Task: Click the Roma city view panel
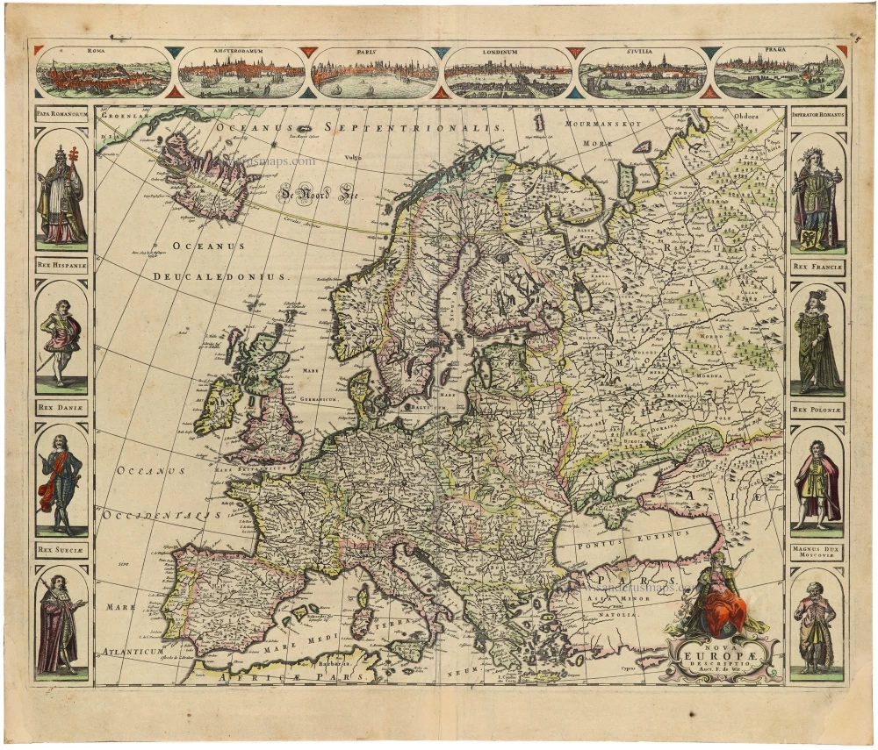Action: (104, 73)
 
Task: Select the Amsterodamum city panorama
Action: (241, 73)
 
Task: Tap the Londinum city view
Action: (509, 73)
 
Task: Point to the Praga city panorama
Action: (778, 73)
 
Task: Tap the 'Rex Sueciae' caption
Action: (61, 550)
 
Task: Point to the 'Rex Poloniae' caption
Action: (817, 409)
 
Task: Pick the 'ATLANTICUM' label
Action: (133, 652)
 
